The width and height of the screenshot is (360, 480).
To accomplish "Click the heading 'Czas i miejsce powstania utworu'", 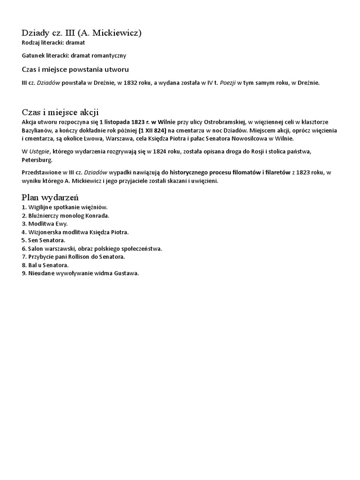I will [x=75, y=69].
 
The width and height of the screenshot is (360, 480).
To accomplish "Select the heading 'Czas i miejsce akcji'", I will [x=60, y=112].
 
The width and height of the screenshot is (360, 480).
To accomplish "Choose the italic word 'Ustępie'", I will [x=39, y=151].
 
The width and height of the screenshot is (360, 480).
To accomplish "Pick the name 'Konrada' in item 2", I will [x=97, y=215].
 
